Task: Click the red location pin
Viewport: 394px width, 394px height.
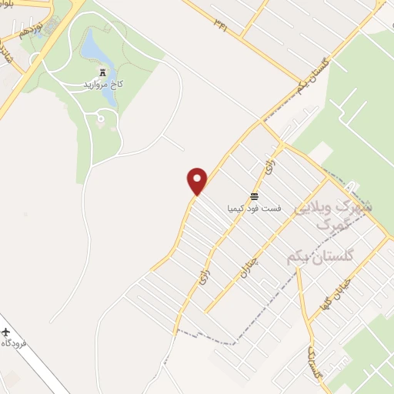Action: click(198, 181)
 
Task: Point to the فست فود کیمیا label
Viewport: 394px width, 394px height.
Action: click(254, 208)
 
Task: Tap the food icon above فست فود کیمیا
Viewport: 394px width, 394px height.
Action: click(253, 195)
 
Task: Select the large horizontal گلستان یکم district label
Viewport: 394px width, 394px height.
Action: click(324, 255)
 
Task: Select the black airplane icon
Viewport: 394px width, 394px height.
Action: click(6, 332)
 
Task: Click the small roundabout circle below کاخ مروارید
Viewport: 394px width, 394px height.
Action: click(100, 118)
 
